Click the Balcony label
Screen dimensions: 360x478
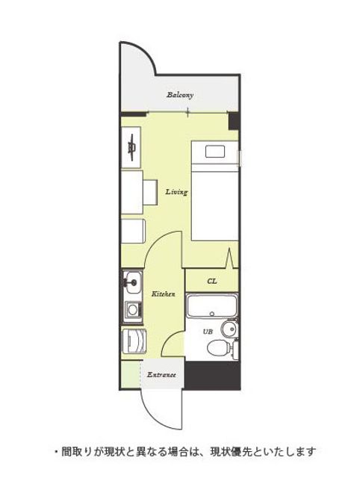click(x=180, y=95)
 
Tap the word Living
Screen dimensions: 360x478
click(x=176, y=192)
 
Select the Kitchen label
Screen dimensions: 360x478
click(x=164, y=294)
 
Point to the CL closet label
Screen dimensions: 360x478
click(x=212, y=281)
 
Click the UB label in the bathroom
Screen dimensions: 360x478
click(x=208, y=332)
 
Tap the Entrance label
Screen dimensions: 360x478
click(x=161, y=375)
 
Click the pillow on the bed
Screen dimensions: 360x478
click(x=215, y=152)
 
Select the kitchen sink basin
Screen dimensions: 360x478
click(x=133, y=283)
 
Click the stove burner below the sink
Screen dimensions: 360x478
click(x=133, y=310)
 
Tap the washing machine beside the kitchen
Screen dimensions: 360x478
click(x=134, y=341)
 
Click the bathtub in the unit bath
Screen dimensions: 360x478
click(x=212, y=305)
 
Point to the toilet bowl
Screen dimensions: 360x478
click(x=218, y=347)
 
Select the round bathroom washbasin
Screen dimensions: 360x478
click(x=229, y=329)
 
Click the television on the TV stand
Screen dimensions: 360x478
click(x=132, y=148)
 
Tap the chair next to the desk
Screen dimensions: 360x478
click(x=150, y=193)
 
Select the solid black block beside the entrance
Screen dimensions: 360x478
click(x=212, y=375)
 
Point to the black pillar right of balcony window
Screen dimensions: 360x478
click(x=234, y=121)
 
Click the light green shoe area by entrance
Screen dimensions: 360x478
click(x=131, y=374)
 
